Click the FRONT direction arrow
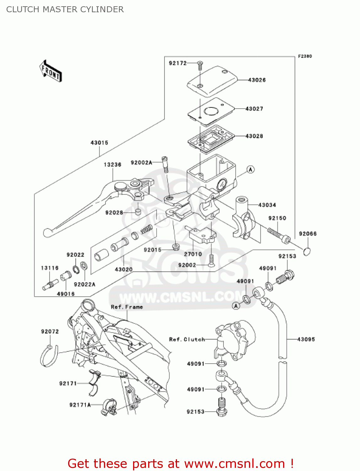51,71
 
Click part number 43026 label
257,80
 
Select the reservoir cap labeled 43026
212,81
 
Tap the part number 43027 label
254,109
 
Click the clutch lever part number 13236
112,165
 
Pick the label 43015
99,143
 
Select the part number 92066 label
308,234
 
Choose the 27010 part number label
193,254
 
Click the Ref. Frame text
127,307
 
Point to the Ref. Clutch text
187,339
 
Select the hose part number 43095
306,339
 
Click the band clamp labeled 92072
49,356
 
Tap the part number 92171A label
80,405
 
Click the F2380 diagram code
305,56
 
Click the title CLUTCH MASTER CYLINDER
65,9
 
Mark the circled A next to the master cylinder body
250,170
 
